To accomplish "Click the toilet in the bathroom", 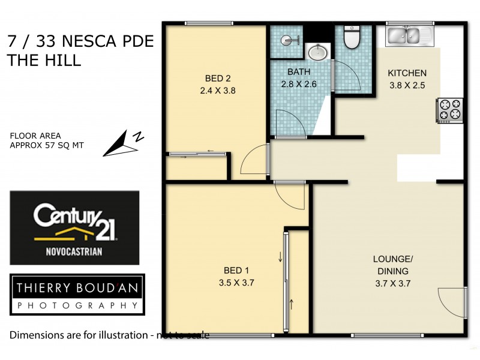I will (351, 38).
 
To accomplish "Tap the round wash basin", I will (317, 53).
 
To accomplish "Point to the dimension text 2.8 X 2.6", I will (299, 84).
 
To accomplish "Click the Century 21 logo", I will (74, 228).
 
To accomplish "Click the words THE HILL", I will (43, 60).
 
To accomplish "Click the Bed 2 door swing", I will (252, 161).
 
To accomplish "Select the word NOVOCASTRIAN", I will (75, 252).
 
